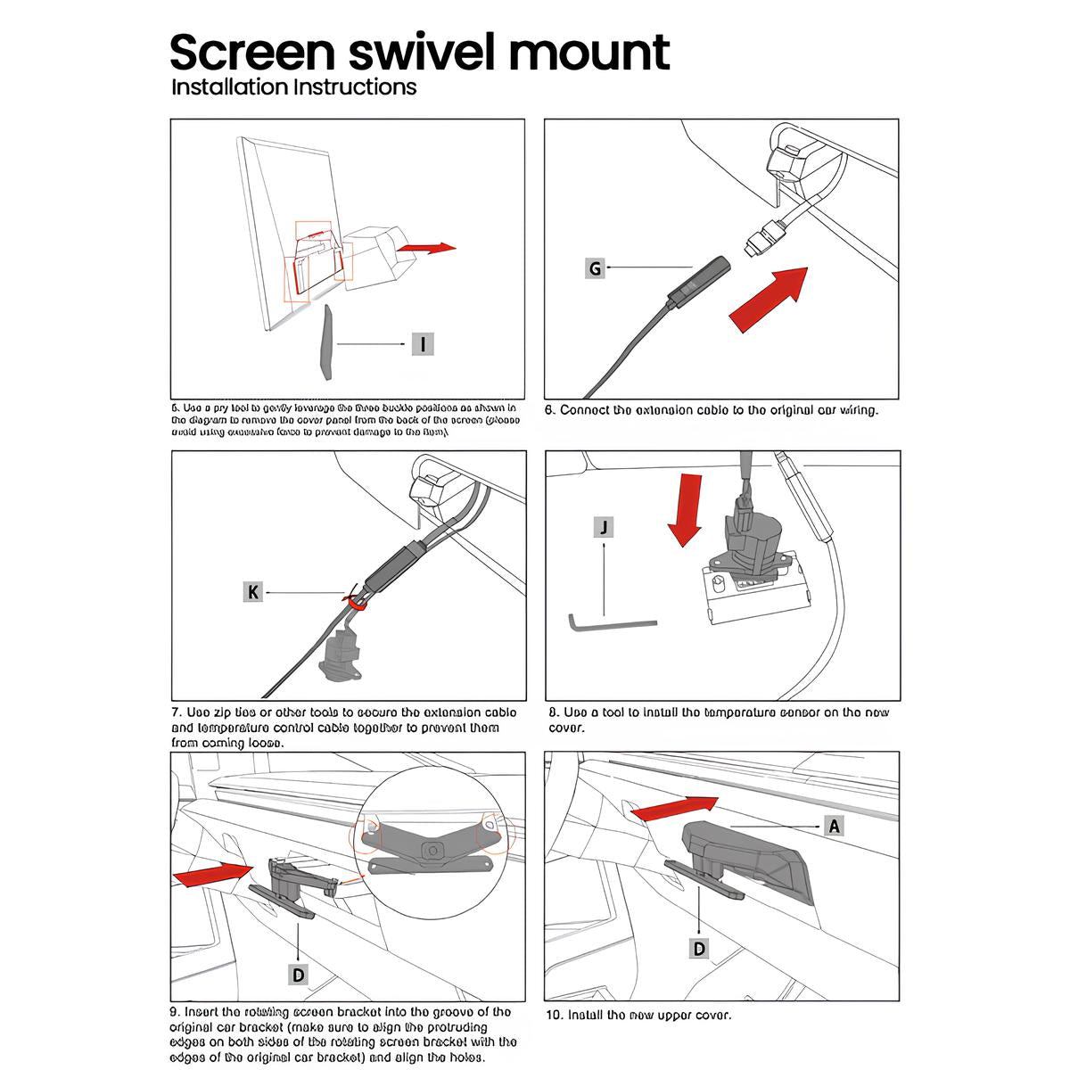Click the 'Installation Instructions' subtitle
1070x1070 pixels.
point(293,87)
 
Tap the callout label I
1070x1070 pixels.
point(423,343)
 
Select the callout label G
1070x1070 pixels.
point(595,267)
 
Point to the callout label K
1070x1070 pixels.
point(254,591)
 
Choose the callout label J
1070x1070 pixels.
point(605,527)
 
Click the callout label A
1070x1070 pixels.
point(834,826)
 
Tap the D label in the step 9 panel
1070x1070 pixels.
point(299,974)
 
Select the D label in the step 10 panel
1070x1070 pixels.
point(699,948)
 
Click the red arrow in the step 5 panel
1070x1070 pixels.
point(425,249)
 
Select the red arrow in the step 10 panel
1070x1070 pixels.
point(668,810)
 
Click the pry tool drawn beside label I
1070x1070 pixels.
point(326,342)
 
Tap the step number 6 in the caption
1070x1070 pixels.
point(551,411)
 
